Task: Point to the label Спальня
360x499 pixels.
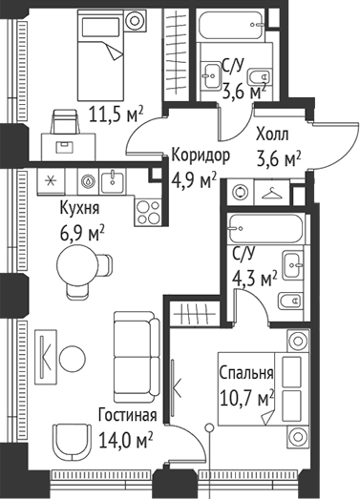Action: pyautogui.click(x=246, y=373)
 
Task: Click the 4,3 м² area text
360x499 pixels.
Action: pyautogui.click(x=254, y=278)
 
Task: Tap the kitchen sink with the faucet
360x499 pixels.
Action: pyautogui.click(x=114, y=180)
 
